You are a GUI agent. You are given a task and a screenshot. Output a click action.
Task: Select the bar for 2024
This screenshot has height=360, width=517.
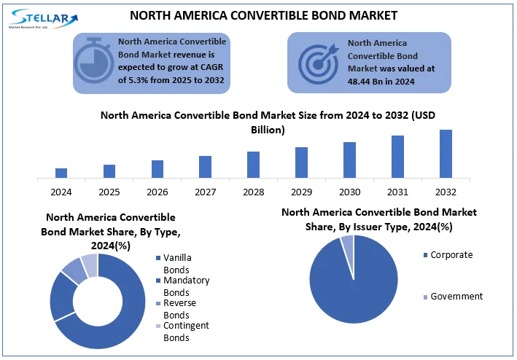click(x=61, y=173)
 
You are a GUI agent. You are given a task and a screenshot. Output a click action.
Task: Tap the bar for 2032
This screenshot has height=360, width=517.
click(x=446, y=153)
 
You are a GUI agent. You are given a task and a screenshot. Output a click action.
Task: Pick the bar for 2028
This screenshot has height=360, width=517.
click(x=253, y=164)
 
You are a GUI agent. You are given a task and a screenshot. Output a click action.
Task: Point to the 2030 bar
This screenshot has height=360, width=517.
click(x=349, y=159)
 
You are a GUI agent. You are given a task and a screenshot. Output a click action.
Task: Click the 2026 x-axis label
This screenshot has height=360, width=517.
click(x=157, y=192)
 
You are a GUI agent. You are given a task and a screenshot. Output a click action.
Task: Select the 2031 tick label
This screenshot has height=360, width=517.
click(x=397, y=192)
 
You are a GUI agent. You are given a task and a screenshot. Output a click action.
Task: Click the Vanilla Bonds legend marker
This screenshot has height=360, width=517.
click(x=158, y=258)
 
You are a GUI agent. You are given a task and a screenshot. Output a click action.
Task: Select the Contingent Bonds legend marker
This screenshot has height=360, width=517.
click(x=158, y=326)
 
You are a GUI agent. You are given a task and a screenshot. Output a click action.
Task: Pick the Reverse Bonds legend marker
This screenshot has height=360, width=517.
click(x=158, y=303)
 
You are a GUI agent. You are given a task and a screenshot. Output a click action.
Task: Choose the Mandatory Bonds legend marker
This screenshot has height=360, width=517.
click(x=158, y=281)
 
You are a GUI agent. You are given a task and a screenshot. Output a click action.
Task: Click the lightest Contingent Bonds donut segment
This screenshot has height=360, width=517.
click(x=89, y=265)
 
